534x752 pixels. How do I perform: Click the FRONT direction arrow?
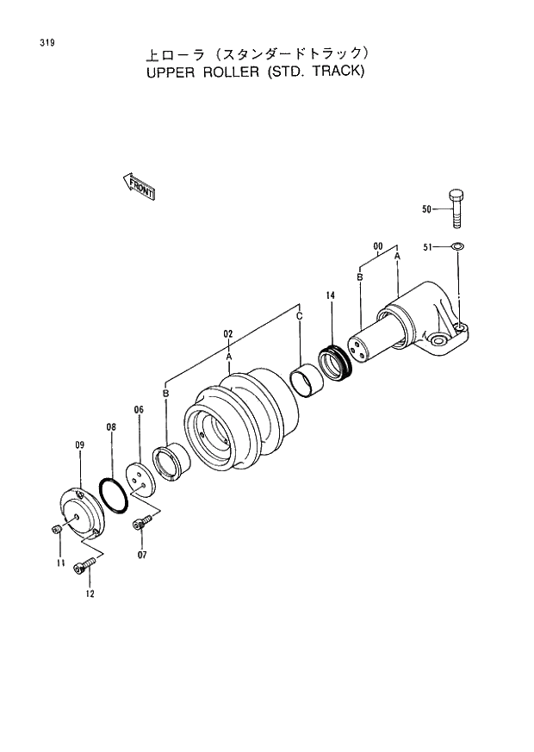coord(138,185)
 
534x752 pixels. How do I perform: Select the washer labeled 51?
coord(457,248)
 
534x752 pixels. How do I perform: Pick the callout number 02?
coord(229,333)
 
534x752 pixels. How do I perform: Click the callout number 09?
coord(79,444)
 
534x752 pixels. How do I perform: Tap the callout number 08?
coord(111,426)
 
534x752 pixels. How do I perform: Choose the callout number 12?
coord(90,594)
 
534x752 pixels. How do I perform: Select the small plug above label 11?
coord(56,528)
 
